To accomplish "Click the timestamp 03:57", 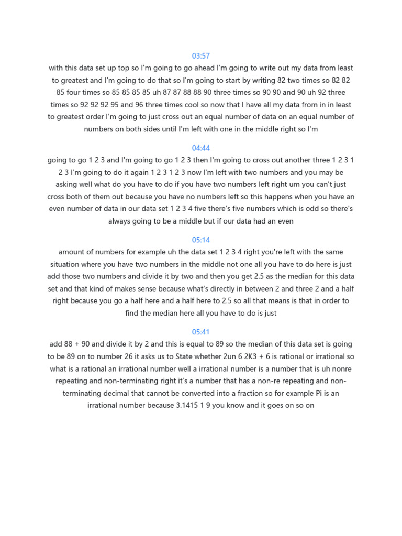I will [x=201, y=55].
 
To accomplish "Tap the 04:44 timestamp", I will [x=201, y=148].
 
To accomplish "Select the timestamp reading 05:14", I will [x=201, y=240].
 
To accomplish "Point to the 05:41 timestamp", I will [x=201, y=332].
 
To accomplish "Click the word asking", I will [x=68, y=184].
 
